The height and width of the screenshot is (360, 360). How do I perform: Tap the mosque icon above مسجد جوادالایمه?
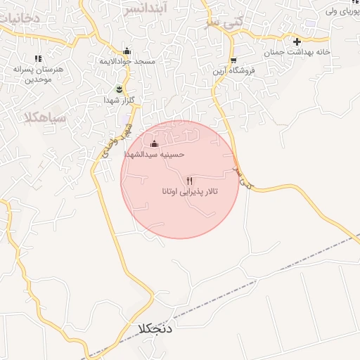click(x=127, y=51)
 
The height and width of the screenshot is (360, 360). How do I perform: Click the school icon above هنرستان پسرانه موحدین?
click(x=38, y=58)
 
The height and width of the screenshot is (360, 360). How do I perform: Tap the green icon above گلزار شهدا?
click(x=119, y=89)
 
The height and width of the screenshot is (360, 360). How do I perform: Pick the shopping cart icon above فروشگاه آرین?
click(x=233, y=60)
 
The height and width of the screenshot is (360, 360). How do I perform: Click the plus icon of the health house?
click(x=297, y=41)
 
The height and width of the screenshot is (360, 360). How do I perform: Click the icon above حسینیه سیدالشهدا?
click(x=154, y=143)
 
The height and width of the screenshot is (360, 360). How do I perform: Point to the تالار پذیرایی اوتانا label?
click(x=191, y=191)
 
